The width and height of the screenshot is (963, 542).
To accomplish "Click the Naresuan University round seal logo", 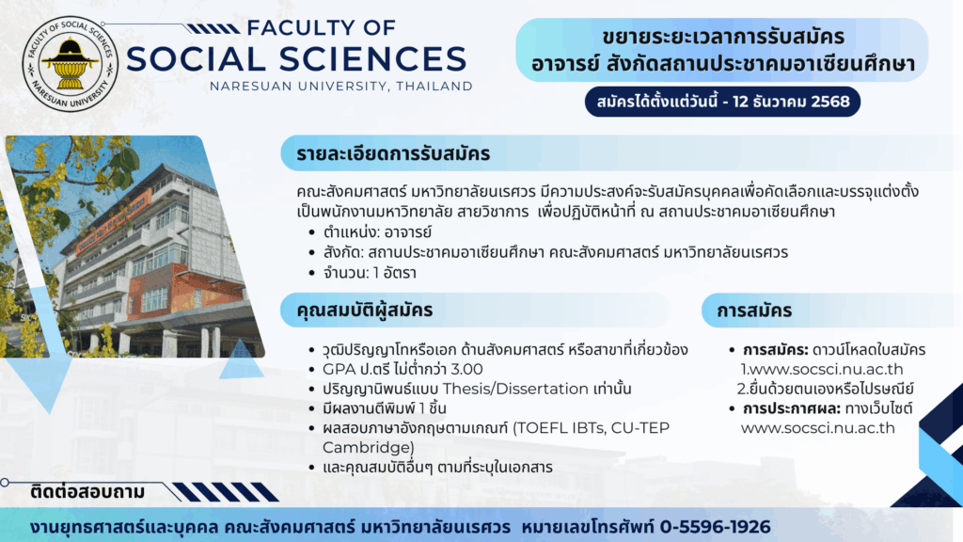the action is [x=70, y=64].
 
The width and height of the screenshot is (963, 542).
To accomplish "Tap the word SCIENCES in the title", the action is [x=373, y=59].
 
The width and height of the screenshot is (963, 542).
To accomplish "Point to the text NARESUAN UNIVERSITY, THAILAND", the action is [x=340, y=87].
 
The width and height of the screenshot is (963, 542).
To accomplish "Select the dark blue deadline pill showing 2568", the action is [x=722, y=102].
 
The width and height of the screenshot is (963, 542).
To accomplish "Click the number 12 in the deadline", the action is [x=741, y=102].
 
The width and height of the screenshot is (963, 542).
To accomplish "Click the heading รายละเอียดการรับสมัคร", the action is [x=393, y=153].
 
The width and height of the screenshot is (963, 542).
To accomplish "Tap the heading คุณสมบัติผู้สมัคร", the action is [x=365, y=310].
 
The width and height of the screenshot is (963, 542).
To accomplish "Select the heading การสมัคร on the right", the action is [x=754, y=311].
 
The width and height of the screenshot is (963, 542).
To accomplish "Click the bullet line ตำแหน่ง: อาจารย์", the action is [x=377, y=232].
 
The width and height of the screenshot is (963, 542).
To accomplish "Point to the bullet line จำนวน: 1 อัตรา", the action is [x=370, y=273].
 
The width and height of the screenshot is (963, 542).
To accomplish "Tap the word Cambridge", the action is [x=368, y=447].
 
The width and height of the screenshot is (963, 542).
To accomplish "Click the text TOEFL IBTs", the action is [x=557, y=428].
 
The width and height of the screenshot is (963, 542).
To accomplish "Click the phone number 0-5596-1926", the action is [x=715, y=527].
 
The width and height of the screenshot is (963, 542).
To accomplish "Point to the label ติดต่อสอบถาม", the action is [x=87, y=492].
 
